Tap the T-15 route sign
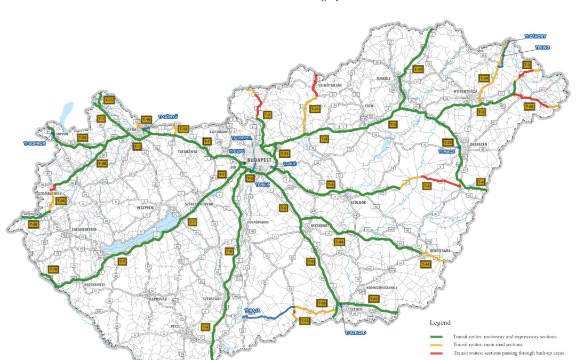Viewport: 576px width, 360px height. (x=109, y=100)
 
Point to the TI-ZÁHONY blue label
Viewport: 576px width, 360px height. (x=535, y=37)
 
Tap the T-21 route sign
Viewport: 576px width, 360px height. (x=315, y=109)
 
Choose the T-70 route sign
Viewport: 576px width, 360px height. (x=53, y=270)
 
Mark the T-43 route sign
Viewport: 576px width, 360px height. (x=373, y=299)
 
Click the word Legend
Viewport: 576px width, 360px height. (x=440, y=323)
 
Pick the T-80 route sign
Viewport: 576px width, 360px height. (x=34, y=225)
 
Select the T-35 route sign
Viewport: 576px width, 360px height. (x=448, y=142)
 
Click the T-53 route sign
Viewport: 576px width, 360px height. (x=305, y=321)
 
